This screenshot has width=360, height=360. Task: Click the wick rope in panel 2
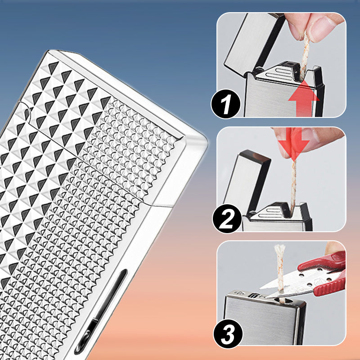point(293,184)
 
